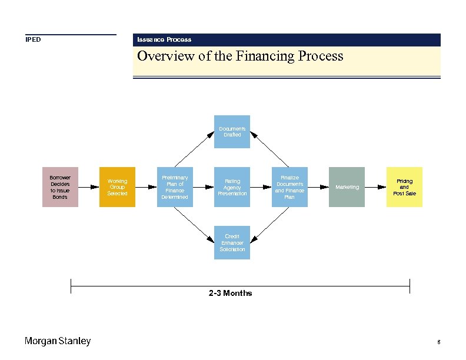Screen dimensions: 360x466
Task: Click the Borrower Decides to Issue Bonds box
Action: [x=59, y=187]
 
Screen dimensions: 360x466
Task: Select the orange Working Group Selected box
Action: [x=117, y=187]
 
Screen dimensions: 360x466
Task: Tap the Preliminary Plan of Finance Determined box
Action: [x=175, y=187]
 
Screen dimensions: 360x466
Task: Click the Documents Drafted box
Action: [x=232, y=132]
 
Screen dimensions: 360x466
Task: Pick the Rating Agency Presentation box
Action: [x=232, y=187]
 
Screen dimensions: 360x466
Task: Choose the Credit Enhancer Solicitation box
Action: [x=232, y=242]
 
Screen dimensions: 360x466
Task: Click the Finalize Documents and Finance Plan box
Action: [x=289, y=187]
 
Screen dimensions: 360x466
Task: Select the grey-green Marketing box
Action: [x=347, y=187]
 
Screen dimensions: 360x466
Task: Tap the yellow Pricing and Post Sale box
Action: [x=404, y=187]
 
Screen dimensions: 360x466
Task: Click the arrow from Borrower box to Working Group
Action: [x=88, y=187]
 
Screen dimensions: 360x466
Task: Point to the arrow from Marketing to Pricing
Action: [x=375, y=187]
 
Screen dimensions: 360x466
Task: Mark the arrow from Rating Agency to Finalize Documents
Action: [x=261, y=187]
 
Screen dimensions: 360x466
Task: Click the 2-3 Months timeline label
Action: [x=230, y=293]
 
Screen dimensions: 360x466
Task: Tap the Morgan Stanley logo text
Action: [x=58, y=341]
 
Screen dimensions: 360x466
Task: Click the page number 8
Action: [x=439, y=342]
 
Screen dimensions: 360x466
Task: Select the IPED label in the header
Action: [x=33, y=40]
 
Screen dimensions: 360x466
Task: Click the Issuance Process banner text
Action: [x=164, y=39]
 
